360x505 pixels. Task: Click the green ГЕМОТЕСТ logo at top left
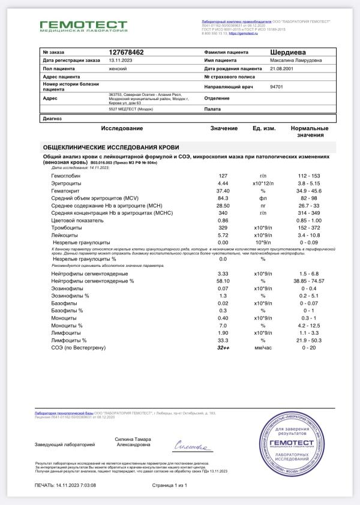[x=83, y=25]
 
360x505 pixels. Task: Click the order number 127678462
[x=127, y=53]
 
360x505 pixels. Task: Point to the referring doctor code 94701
[x=277, y=87]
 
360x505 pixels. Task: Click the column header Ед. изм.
[x=263, y=128]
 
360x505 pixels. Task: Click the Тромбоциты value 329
[x=223, y=228]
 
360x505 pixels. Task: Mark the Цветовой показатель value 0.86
[x=223, y=220]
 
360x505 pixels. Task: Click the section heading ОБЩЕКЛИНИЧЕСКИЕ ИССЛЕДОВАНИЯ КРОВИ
[x=111, y=147]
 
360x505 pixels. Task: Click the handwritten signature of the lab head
[x=193, y=446]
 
